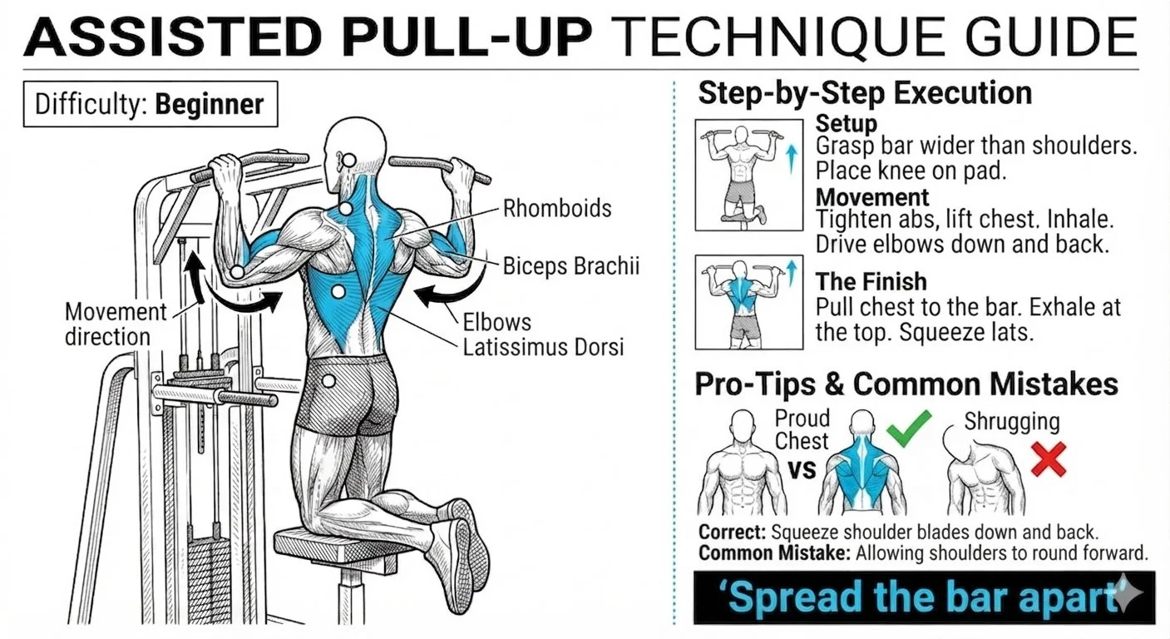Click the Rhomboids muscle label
(557, 209)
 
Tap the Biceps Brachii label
(571, 266)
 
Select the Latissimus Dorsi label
(543, 348)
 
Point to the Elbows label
(496, 322)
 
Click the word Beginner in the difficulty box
(209, 104)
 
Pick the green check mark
(909, 428)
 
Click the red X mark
(1049, 459)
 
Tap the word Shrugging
(1012, 422)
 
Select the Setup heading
(847, 124)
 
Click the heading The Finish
(871, 281)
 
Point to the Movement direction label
(116, 324)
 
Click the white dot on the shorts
(328, 381)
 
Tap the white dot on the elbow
(237, 272)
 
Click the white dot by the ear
(349, 161)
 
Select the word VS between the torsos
(802, 470)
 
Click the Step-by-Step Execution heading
(865, 93)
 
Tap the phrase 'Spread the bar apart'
(922, 597)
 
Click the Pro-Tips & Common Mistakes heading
(906, 384)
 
